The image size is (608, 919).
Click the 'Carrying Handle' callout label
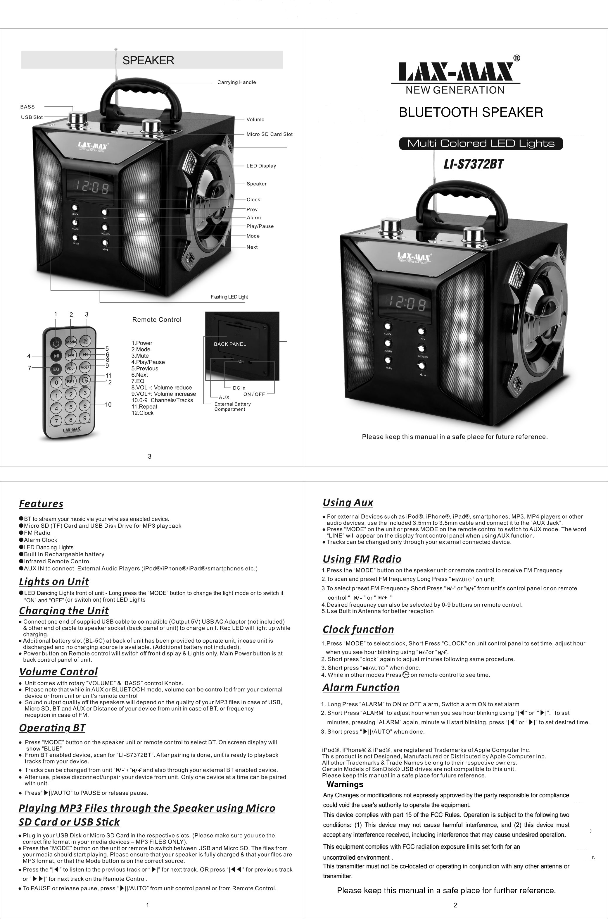236,82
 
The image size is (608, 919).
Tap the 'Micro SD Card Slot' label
269,134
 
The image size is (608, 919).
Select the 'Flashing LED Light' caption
229,297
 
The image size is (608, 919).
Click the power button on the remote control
56,343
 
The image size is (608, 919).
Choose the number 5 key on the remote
70,407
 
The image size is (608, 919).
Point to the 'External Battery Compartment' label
232,407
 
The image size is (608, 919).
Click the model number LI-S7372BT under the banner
474,164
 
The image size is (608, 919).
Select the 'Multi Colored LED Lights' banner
481,144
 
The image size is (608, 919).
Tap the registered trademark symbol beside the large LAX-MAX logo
517,58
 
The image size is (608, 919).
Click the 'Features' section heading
41,504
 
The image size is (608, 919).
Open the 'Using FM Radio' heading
362,559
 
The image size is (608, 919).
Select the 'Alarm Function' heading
361,687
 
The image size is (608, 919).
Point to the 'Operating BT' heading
52,728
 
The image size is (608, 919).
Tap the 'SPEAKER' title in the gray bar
148,60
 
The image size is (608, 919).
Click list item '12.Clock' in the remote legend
142,413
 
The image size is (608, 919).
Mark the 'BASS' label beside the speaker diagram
27,107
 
